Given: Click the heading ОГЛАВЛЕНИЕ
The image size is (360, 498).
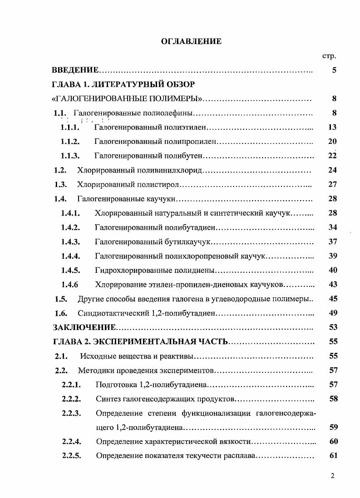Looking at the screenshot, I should coord(191,41).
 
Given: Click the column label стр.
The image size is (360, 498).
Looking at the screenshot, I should coord(329,56).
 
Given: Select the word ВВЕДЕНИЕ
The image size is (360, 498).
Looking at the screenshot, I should coord(75,70).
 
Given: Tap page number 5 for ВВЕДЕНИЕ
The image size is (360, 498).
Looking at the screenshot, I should coord(334,70).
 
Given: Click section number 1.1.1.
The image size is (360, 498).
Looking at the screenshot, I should coord(70,128).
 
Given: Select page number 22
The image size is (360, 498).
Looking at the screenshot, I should coord(332,156).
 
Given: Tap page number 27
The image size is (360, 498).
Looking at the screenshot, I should coord(332,184).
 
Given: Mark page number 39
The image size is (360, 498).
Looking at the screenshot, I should coord(332,256).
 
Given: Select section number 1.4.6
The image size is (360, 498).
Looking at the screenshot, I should coord(70,285).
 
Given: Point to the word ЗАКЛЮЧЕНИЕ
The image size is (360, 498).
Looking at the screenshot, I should coord(84,327).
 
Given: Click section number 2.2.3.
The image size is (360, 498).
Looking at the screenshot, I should coord(71,413).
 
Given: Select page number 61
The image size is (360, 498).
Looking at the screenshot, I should coord(333,456).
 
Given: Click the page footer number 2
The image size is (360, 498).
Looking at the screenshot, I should coord(333,476).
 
